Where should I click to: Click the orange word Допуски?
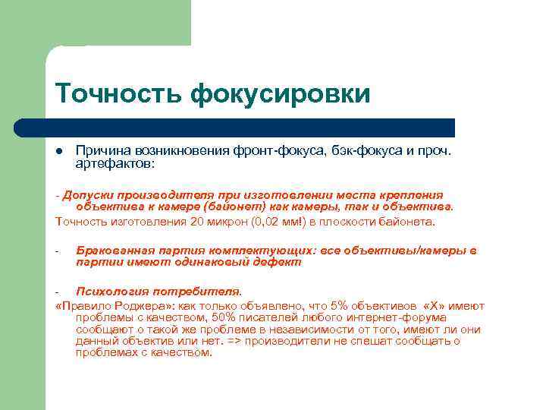89,195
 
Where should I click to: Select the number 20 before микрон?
198,222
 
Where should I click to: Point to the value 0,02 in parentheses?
265,222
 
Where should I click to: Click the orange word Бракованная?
117,251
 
